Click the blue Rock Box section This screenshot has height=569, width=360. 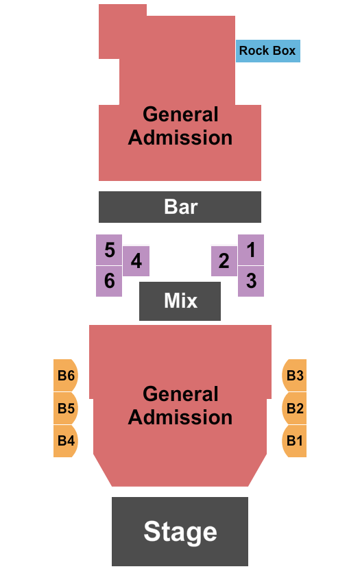(x=267, y=51)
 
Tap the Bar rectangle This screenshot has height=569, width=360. (x=180, y=207)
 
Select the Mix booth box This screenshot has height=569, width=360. (x=180, y=301)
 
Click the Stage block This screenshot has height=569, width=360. (x=180, y=531)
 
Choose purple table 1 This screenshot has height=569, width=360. (x=251, y=250)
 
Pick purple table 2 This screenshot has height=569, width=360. (x=224, y=261)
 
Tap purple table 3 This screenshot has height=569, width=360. (x=251, y=281)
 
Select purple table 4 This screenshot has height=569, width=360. (x=136, y=261)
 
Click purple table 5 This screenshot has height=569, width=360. (x=109, y=250)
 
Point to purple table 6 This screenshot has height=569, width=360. (x=109, y=281)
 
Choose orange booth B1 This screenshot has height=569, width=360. (x=294, y=441)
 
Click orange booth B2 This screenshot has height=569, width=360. (x=294, y=409)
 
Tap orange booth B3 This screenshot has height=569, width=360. (x=294, y=376)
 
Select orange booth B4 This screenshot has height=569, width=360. (x=66, y=441)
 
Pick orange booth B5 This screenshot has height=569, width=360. (x=66, y=409)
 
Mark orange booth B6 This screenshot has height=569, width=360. (x=66, y=376)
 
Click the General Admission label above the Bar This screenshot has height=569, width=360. (x=180, y=126)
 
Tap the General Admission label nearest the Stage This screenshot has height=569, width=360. (x=180, y=406)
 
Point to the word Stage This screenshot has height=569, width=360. (x=180, y=531)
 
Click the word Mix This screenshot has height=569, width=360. (x=180, y=301)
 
